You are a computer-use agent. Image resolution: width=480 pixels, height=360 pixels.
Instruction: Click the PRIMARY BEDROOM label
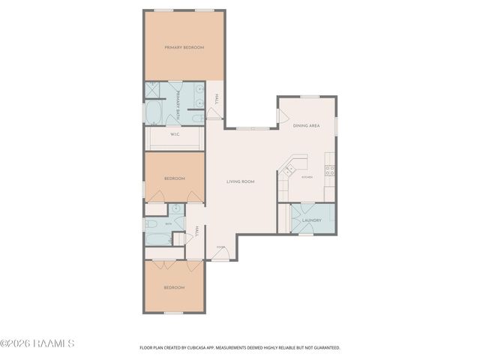184,47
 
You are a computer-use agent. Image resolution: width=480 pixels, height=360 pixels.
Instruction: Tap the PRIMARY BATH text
178,106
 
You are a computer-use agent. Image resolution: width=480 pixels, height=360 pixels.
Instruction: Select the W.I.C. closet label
174,135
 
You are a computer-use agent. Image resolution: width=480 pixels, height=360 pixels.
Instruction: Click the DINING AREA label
306,125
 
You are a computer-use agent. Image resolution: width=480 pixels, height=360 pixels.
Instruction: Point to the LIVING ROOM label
241,181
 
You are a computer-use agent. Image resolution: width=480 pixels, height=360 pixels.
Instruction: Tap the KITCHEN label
307,177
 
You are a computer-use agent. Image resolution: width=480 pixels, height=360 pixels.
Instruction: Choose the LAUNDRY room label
312,220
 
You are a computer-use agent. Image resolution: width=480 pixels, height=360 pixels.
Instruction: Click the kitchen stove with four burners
329,170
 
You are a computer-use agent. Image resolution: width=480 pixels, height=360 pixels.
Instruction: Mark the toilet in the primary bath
196,118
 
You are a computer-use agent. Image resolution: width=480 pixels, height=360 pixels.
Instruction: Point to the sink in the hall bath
175,209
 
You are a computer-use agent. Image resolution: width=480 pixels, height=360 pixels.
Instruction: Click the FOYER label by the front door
220,246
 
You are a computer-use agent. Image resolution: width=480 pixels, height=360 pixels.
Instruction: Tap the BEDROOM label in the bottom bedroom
174,287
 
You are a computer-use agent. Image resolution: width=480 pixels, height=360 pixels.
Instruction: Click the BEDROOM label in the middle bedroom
174,178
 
